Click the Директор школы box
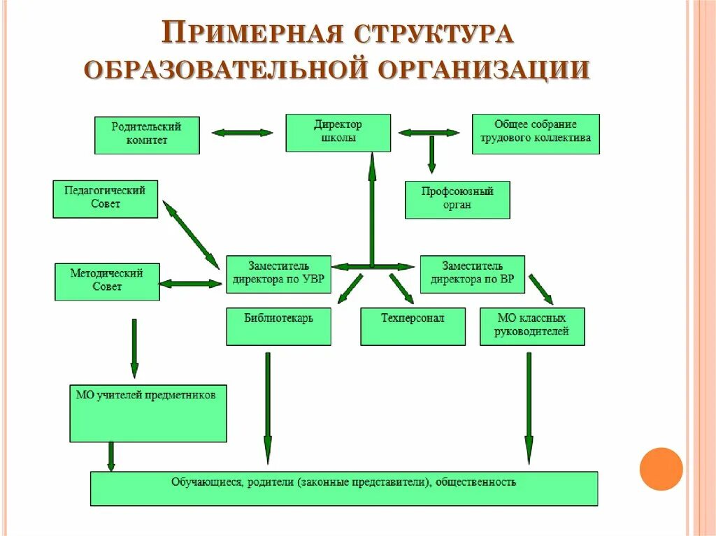[x=337, y=133]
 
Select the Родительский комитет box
[x=147, y=135]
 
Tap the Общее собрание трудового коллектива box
[x=536, y=133]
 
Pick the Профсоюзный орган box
[x=457, y=199]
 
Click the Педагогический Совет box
[x=105, y=198]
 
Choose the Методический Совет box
[x=107, y=281]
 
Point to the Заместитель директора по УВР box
[x=278, y=274]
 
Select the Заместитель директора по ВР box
[x=472, y=274]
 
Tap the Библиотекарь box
[x=278, y=326]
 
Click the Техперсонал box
[x=413, y=326]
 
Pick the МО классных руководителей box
[x=531, y=326]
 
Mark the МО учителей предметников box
[x=148, y=412]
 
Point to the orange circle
[x=661, y=468]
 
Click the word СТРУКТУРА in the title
[x=434, y=34]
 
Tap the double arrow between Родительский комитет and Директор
[x=242, y=133]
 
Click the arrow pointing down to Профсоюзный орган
[x=431, y=154]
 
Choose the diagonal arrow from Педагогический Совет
[x=190, y=233]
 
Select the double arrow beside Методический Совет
[x=190, y=284]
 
